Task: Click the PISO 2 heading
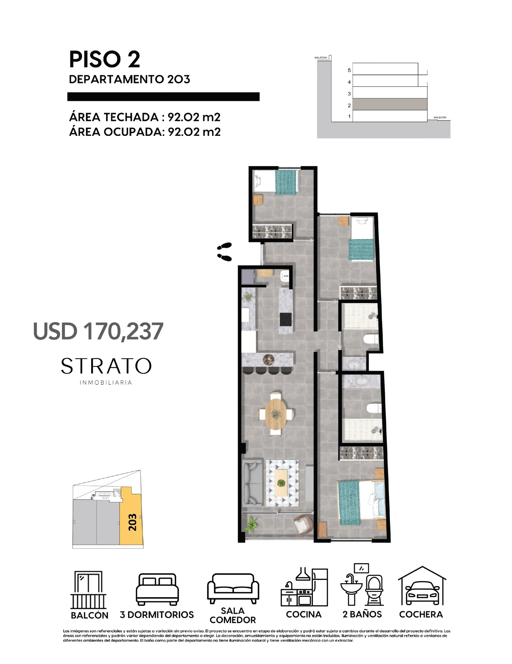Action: [x=104, y=59]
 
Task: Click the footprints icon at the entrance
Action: [x=224, y=252]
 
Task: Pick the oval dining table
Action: [x=276, y=414]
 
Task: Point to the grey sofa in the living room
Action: [x=252, y=482]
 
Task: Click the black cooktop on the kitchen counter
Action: [x=285, y=319]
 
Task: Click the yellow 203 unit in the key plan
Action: [x=131, y=519]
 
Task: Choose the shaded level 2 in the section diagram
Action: [x=390, y=104]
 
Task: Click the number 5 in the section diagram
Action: [x=349, y=70]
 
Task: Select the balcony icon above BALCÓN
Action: [x=89, y=590]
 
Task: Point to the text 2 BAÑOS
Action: [x=362, y=614]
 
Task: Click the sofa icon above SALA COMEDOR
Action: [x=233, y=588]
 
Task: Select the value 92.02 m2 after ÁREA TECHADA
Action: [x=194, y=117]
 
